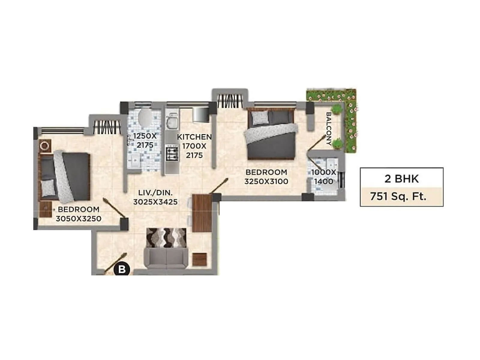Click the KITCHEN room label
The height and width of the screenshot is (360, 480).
click(x=194, y=137)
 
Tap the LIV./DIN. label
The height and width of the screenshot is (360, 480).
click(x=155, y=193)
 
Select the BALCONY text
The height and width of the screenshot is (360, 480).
click(x=329, y=129)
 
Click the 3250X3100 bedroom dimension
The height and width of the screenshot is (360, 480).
click(x=266, y=181)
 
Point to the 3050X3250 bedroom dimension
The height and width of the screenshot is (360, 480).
click(x=79, y=219)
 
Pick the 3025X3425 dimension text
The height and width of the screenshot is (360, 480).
click(x=155, y=202)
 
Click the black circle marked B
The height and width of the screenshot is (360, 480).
click(x=122, y=269)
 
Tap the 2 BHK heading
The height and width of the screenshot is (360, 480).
click(x=401, y=179)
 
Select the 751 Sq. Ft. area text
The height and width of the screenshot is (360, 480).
click(x=398, y=196)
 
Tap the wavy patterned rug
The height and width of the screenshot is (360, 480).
click(x=166, y=238)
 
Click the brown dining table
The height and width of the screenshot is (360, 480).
click(x=202, y=213)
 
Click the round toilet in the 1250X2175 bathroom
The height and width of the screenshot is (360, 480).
click(x=145, y=117)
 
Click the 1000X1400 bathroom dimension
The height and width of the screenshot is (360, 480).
click(x=323, y=177)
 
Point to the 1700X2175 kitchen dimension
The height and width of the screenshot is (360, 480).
click(x=194, y=151)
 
